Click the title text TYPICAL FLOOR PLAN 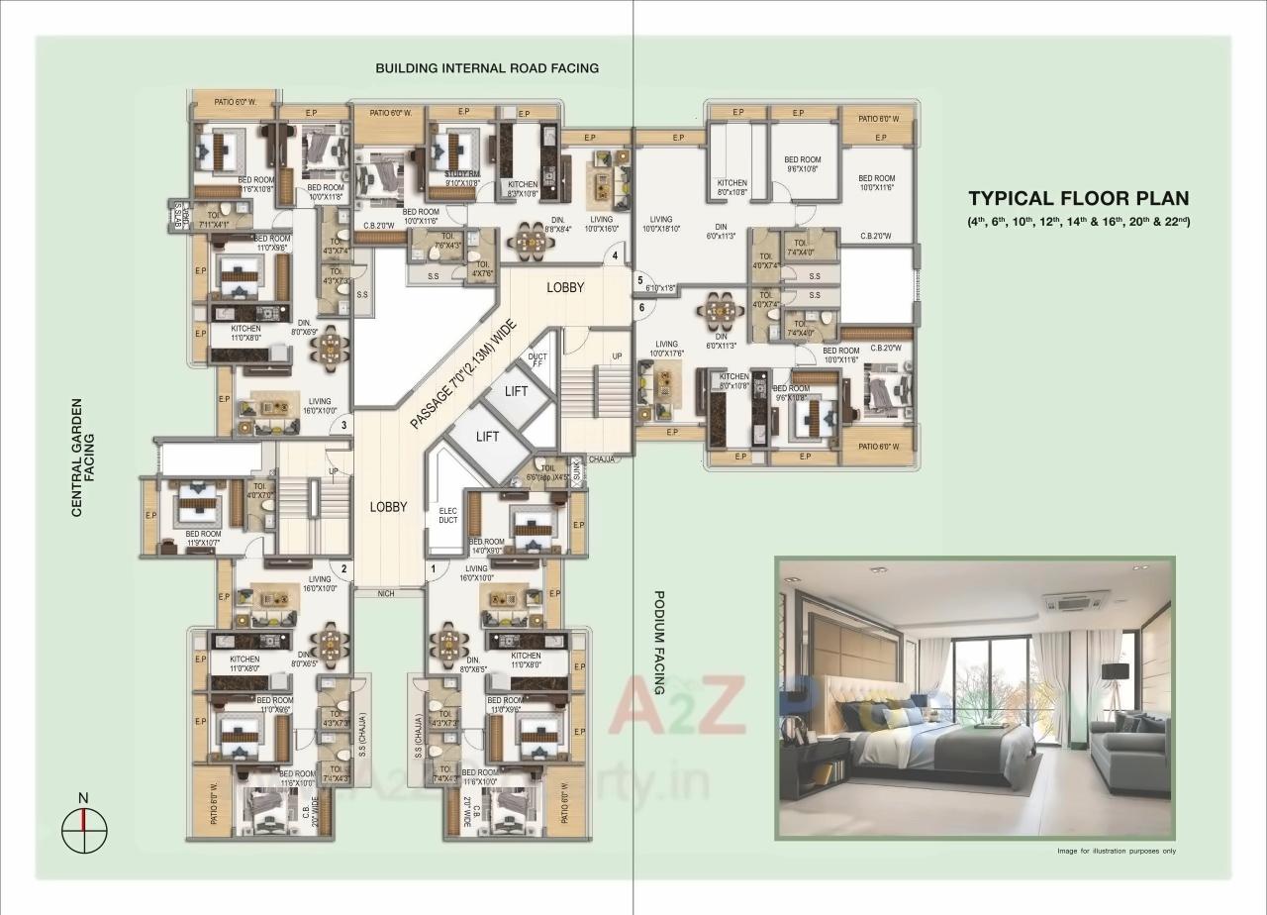(x=1078, y=199)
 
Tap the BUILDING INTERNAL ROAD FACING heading (x=486, y=68)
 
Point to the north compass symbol (x=84, y=821)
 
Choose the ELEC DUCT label (x=447, y=515)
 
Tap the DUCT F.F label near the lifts (x=537, y=360)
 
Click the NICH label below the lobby (x=388, y=593)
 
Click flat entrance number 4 (x=615, y=256)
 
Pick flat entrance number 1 (x=433, y=568)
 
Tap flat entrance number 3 (x=342, y=426)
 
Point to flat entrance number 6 (x=641, y=308)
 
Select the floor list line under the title (x=1078, y=221)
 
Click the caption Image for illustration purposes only (x=1116, y=851)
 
